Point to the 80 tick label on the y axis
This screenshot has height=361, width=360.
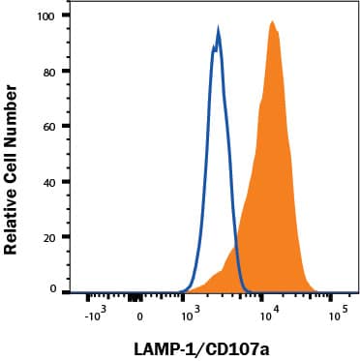coord(61,72)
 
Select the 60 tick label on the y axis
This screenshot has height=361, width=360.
coord(61,127)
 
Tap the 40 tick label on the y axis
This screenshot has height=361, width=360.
coord(61,182)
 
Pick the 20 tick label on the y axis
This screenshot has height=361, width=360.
coord(61,237)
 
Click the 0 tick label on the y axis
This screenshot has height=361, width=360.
coord(65,289)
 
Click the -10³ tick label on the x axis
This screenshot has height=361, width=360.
coord(94,315)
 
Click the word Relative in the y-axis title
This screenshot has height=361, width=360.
coord(13,219)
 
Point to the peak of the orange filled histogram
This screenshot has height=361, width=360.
coord(273,21)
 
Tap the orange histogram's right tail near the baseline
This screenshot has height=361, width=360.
coord(312,286)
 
